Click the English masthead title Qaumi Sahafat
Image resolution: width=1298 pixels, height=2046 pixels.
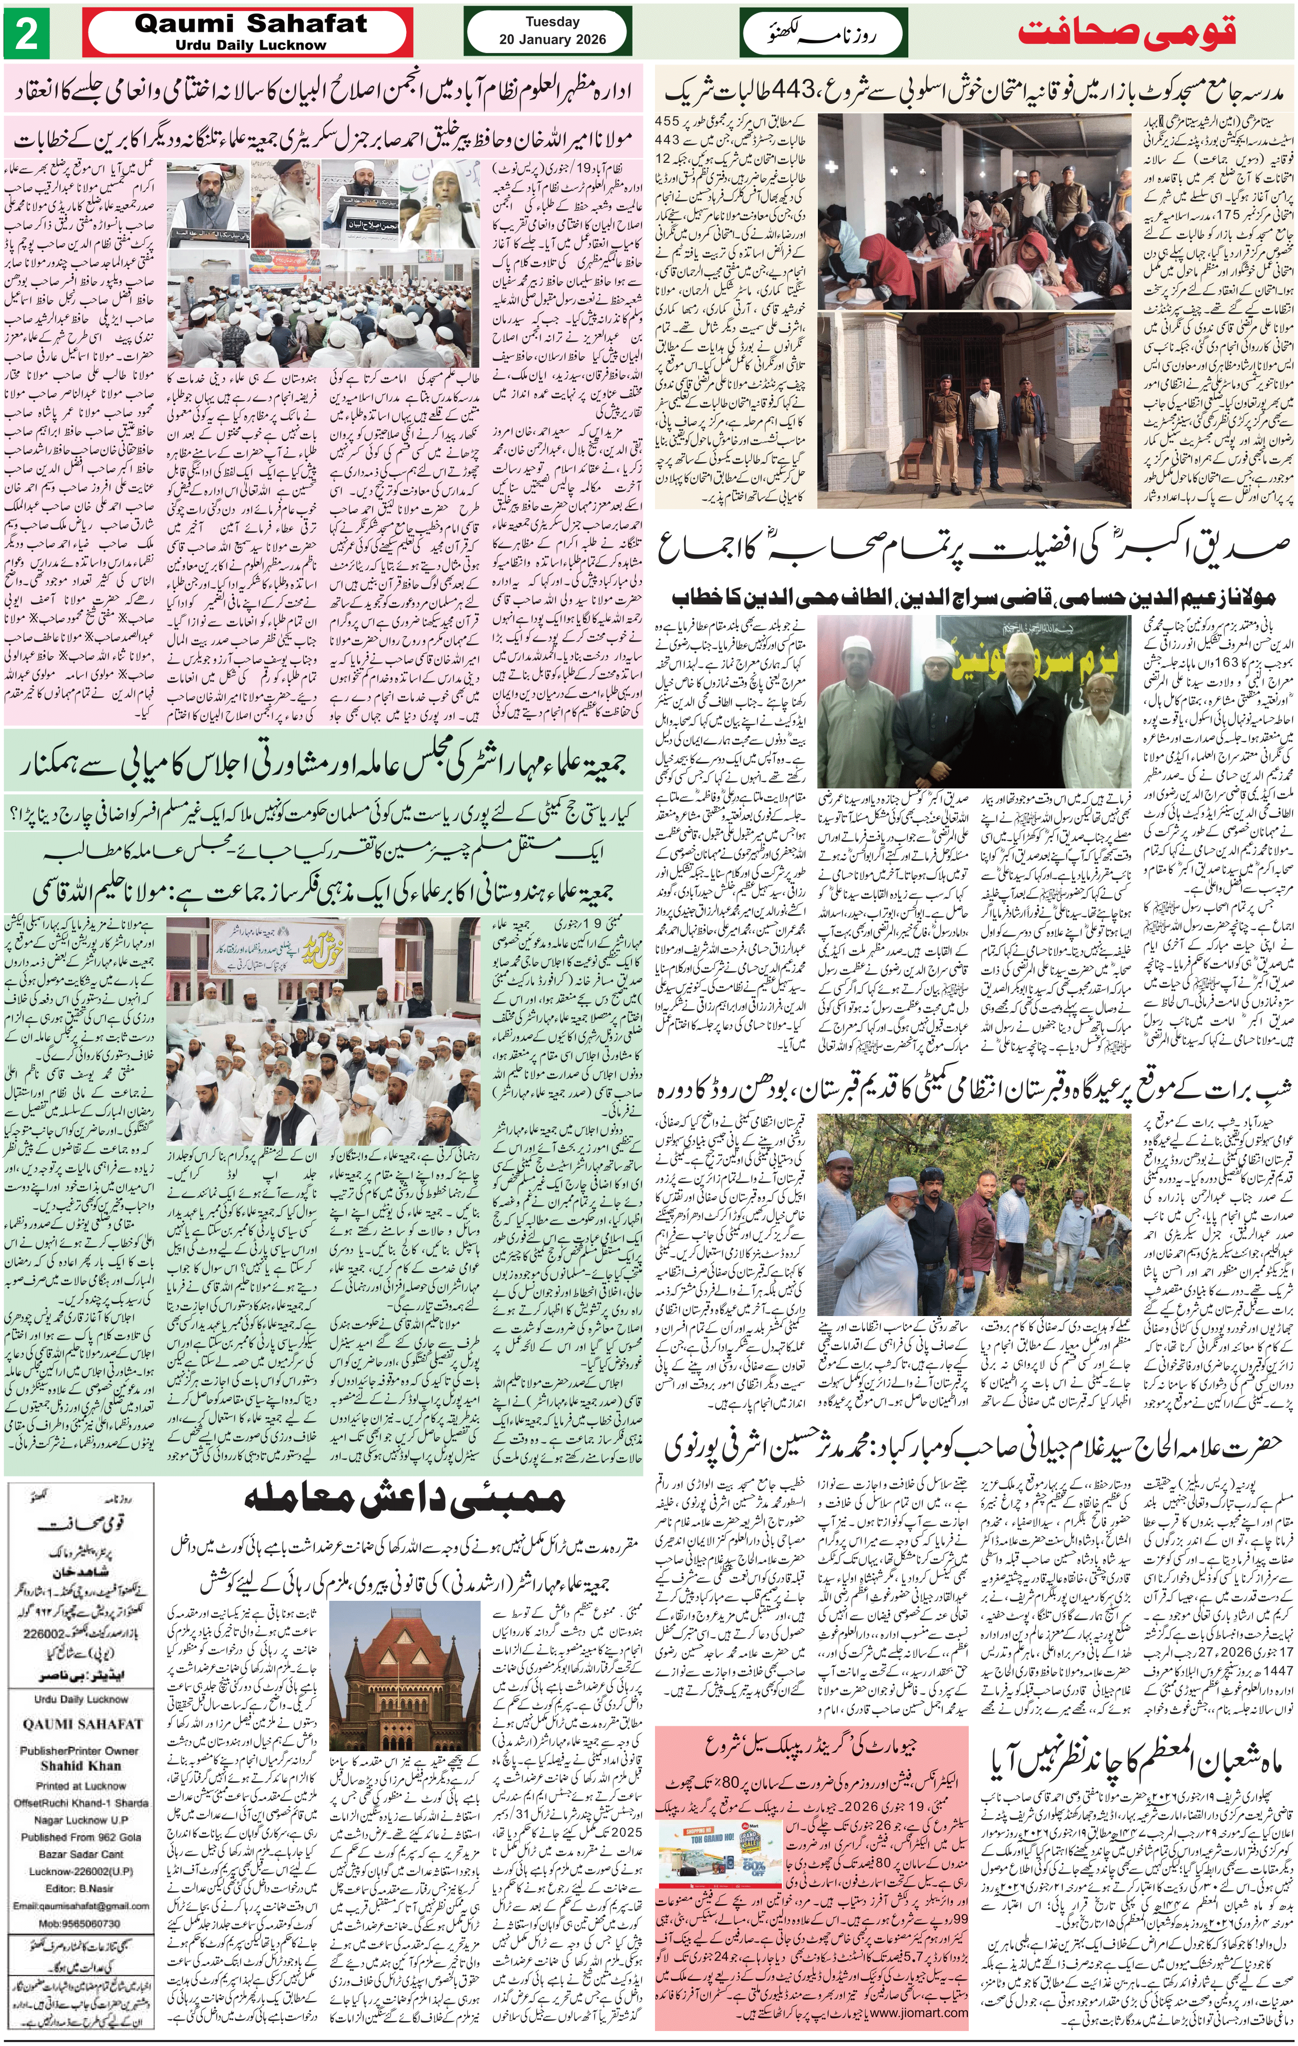click(251, 24)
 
